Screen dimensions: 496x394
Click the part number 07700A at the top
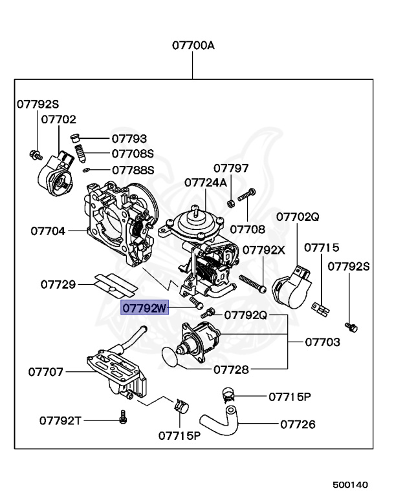(x=193, y=46)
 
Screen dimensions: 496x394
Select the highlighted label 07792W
(x=146, y=308)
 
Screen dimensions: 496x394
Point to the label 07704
(x=49, y=230)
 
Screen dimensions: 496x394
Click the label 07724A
(x=206, y=183)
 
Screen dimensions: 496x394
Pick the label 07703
(x=321, y=342)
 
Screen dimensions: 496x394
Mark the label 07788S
(x=133, y=170)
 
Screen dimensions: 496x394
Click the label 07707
(x=45, y=371)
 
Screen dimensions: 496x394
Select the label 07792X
(x=263, y=249)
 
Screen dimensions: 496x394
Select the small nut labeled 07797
(x=231, y=203)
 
